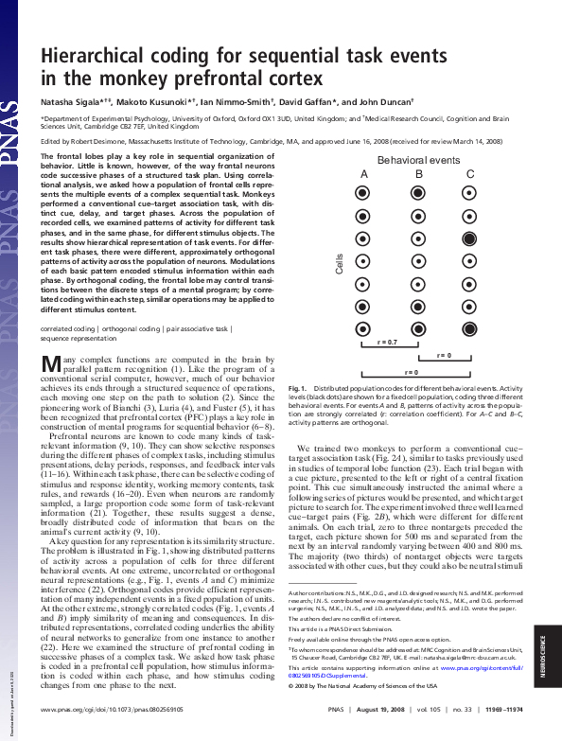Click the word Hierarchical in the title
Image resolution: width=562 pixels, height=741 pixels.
[97, 58]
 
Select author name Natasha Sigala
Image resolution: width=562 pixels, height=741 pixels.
[72, 98]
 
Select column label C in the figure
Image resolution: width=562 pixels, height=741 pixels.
[470, 175]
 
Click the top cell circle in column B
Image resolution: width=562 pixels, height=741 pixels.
[417, 194]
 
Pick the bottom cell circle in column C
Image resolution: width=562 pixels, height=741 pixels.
[470, 328]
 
